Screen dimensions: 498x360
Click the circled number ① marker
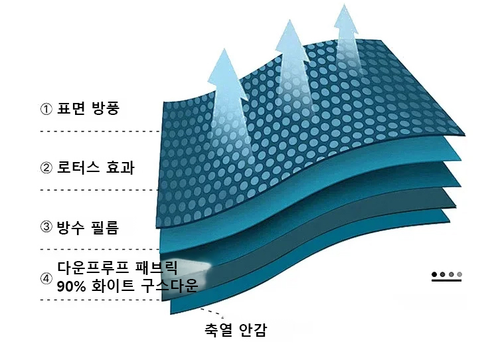point(46,109)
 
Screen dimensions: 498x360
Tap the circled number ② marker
point(46,168)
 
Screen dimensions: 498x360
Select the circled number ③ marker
point(46,226)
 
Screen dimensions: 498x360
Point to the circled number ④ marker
point(46,279)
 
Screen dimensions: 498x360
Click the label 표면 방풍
point(88,108)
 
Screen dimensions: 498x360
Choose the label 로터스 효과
point(96,167)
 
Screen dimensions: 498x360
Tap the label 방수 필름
point(88,227)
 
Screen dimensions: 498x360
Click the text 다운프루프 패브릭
point(117,268)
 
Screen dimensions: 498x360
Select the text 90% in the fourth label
point(72,286)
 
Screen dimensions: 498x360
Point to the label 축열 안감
point(236,330)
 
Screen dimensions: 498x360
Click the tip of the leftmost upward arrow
point(224,48)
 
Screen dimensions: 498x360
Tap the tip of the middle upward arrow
point(290,20)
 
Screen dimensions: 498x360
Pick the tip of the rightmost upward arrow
point(344,5)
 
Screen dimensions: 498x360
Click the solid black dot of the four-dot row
point(434,274)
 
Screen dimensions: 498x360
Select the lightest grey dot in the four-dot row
point(459,274)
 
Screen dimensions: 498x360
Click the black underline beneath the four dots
point(447,280)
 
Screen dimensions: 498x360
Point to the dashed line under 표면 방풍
point(101,132)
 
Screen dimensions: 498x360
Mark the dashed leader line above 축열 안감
point(212,312)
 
